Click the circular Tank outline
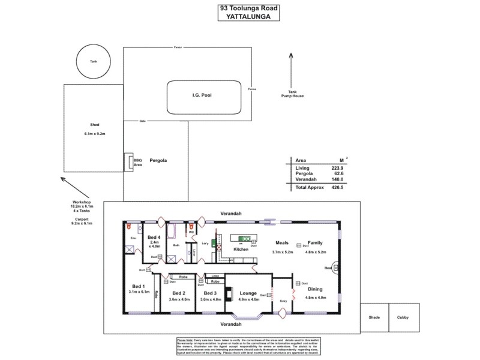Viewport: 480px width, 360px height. pos(93,61)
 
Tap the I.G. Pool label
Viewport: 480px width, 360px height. pos(202,95)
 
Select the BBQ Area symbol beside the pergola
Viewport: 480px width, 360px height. pos(128,162)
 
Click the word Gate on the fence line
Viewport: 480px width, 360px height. pos(143,120)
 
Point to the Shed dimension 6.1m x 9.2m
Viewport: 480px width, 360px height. pos(95,133)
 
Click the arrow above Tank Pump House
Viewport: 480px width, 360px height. pos(292,69)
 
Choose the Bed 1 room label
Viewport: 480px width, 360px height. pos(138,286)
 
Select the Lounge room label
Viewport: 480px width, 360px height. pos(248,293)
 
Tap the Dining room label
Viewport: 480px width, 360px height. pos(315,289)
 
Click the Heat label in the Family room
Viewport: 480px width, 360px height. pos(328,268)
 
